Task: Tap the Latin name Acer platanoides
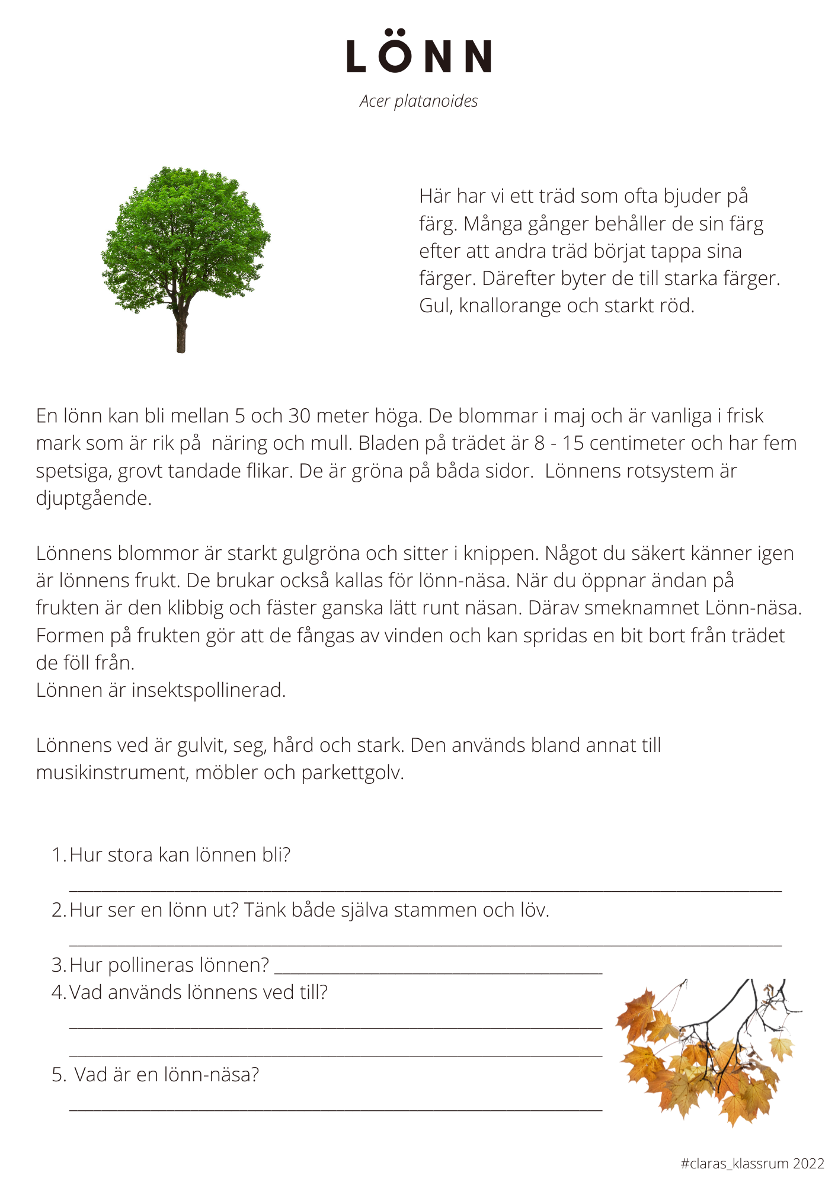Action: [418, 101]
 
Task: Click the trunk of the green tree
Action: [181, 335]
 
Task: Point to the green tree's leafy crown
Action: [185, 237]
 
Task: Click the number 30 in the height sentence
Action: [299, 416]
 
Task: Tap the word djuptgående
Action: [93, 498]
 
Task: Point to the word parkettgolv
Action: [352, 773]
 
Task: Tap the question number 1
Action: [58, 855]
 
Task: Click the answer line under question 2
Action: [425, 945]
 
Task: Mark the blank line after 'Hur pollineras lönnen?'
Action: [439, 973]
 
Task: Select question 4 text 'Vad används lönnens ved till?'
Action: [199, 992]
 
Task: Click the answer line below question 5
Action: [335, 1109]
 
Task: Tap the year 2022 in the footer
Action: [808, 1164]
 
